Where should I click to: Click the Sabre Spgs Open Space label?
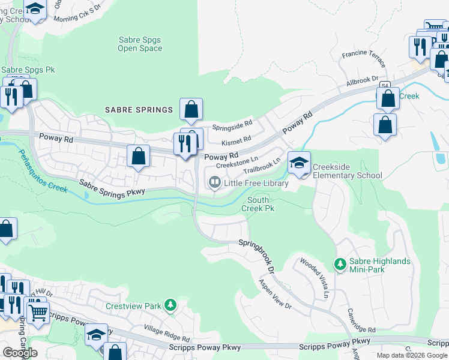tap(139, 44)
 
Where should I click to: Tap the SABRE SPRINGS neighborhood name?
tap(139, 110)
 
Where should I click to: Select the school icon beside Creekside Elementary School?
tap(299, 162)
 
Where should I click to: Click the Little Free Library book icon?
tap(214, 182)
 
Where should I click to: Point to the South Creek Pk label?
tap(258, 204)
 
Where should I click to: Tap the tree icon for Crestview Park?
tap(171, 305)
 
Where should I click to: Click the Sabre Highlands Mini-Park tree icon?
tap(340, 263)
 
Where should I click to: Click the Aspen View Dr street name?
tap(274, 294)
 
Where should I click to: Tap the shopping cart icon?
tap(38, 311)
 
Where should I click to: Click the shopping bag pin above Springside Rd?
tap(191, 109)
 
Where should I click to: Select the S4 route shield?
tap(385, 85)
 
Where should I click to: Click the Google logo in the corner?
tap(20, 353)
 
